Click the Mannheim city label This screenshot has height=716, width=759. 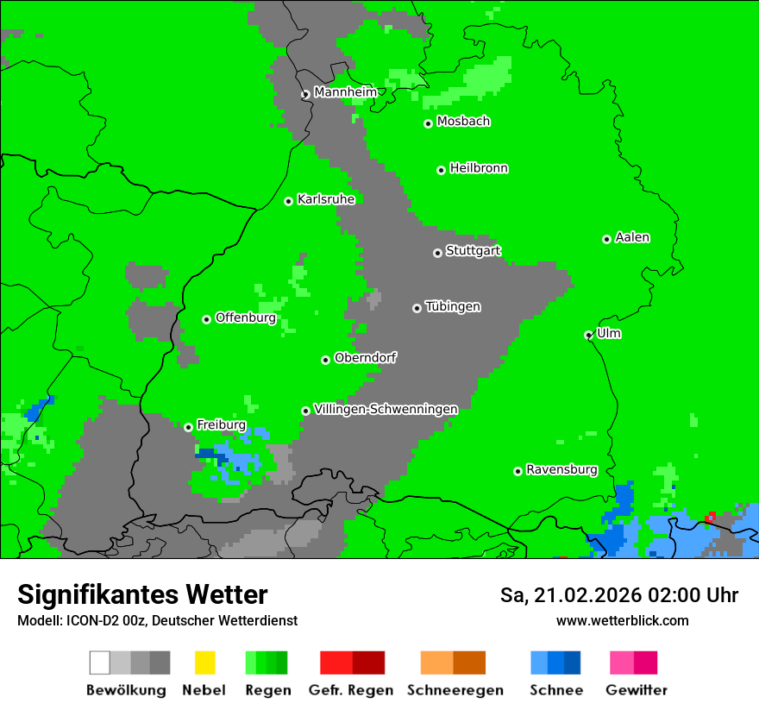(345, 92)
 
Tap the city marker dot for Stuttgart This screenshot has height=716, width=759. (437, 253)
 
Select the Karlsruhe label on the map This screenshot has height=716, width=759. (326, 199)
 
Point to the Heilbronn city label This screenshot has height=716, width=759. (479, 168)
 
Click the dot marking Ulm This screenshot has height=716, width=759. (589, 336)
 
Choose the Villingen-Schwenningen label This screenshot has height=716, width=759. (386, 409)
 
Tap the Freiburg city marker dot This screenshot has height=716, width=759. (189, 427)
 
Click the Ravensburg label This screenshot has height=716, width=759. (561, 470)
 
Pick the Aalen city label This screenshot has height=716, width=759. (632, 237)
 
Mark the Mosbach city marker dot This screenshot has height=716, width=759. (428, 123)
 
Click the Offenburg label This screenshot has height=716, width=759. (246, 317)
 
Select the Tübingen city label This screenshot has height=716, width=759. (453, 306)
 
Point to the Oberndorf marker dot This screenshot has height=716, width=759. (325, 360)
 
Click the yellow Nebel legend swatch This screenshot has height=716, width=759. (204, 663)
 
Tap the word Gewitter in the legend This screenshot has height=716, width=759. (637, 690)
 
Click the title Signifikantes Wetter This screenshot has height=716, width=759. (142, 594)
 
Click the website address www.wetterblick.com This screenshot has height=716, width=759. (622, 620)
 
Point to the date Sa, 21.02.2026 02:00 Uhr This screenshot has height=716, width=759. (618, 595)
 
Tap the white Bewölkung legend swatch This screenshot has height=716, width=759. (100, 663)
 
